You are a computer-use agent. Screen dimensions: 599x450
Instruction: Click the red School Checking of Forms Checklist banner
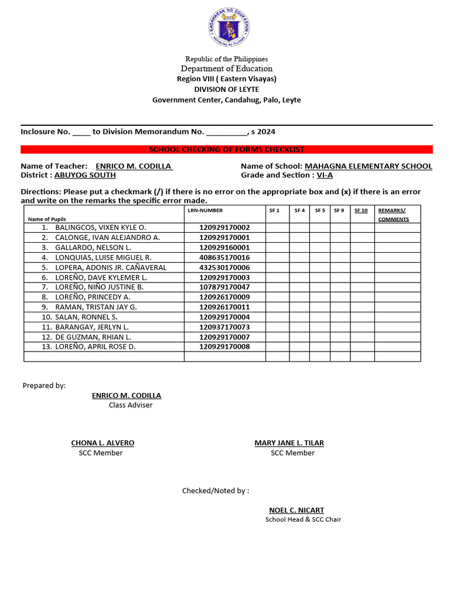[227, 150]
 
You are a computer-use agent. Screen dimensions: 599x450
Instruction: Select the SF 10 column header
[361, 211]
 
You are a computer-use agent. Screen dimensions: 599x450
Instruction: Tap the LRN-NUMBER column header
[205, 211]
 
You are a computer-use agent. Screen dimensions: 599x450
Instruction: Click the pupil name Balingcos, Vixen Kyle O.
[100, 228]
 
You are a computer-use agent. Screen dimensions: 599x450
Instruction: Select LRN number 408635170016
[224, 257]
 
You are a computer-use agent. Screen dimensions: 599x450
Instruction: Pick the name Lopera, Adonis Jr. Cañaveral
[111, 267]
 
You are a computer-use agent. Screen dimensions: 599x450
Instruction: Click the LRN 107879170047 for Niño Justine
[224, 287]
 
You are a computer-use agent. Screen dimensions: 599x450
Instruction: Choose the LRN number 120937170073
[224, 327]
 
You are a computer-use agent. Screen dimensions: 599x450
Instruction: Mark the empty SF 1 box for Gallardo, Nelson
[277, 247]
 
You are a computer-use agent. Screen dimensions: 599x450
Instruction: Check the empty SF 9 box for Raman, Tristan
[339, 307]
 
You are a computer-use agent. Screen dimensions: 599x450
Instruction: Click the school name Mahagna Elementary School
[368, 166]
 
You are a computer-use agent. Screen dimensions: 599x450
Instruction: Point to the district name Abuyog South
[85, 175]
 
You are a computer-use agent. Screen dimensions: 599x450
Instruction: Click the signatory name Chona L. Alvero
[103, 443]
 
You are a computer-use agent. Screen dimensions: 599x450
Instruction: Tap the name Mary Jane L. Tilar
[289, 443]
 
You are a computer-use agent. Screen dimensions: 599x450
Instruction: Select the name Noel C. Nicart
[296, 510]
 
